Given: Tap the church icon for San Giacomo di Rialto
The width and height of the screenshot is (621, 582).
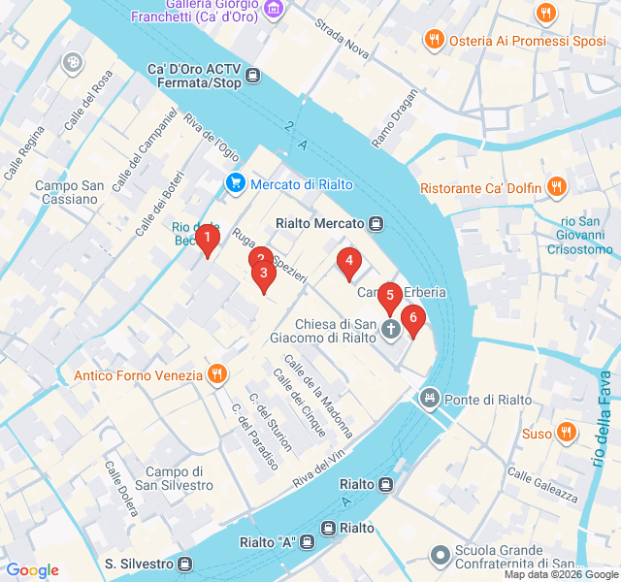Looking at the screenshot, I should click(x=391, y=330).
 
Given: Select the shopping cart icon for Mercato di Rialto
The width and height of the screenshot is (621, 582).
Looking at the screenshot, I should click(x=235, y=183).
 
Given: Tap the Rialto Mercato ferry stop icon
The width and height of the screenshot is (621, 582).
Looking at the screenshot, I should click(x=376, y=224).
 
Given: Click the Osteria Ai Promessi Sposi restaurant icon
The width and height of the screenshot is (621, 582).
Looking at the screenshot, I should click(x=433, y=39).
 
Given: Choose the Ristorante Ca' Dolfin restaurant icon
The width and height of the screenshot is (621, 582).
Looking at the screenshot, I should click(x=556, y=187).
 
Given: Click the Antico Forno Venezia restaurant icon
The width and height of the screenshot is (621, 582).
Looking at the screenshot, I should click(x=216, y=374).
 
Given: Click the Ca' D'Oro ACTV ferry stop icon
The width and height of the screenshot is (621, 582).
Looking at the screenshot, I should click(x=253, y=76).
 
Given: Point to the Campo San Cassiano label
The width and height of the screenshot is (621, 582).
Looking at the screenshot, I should click(x=66, y=192).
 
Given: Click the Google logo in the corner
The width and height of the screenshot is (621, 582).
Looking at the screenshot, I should click(x=32, y=570).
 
